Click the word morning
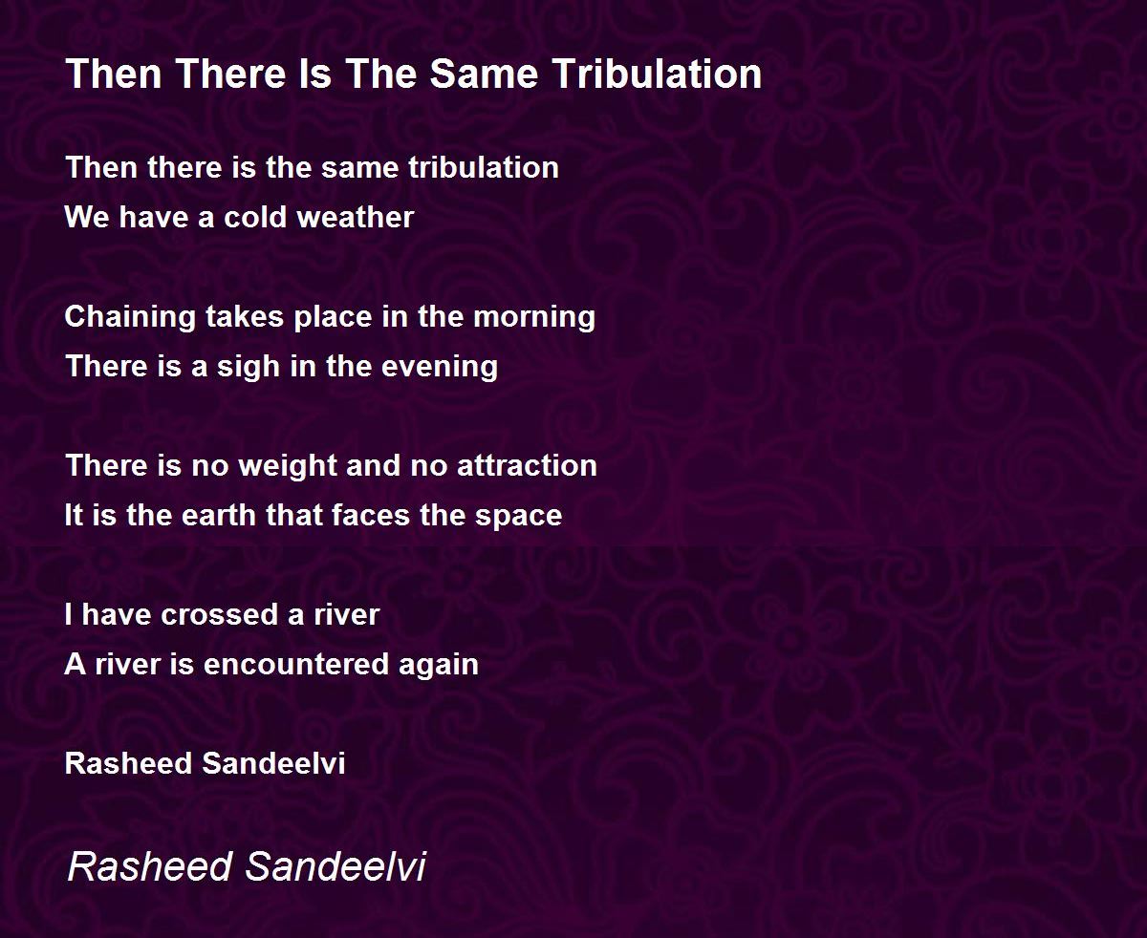click(x=534, y=317)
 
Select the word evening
click(x=440, y=367)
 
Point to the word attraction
click(x=527, y=465)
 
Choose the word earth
click(x=219, y=515)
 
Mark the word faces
click(x=370, y=515)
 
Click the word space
click(x=518, y=516)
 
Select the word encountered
click(x=296, y=664)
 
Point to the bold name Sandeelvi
click(x=273, y=763)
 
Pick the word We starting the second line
click(x=87, y=217)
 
